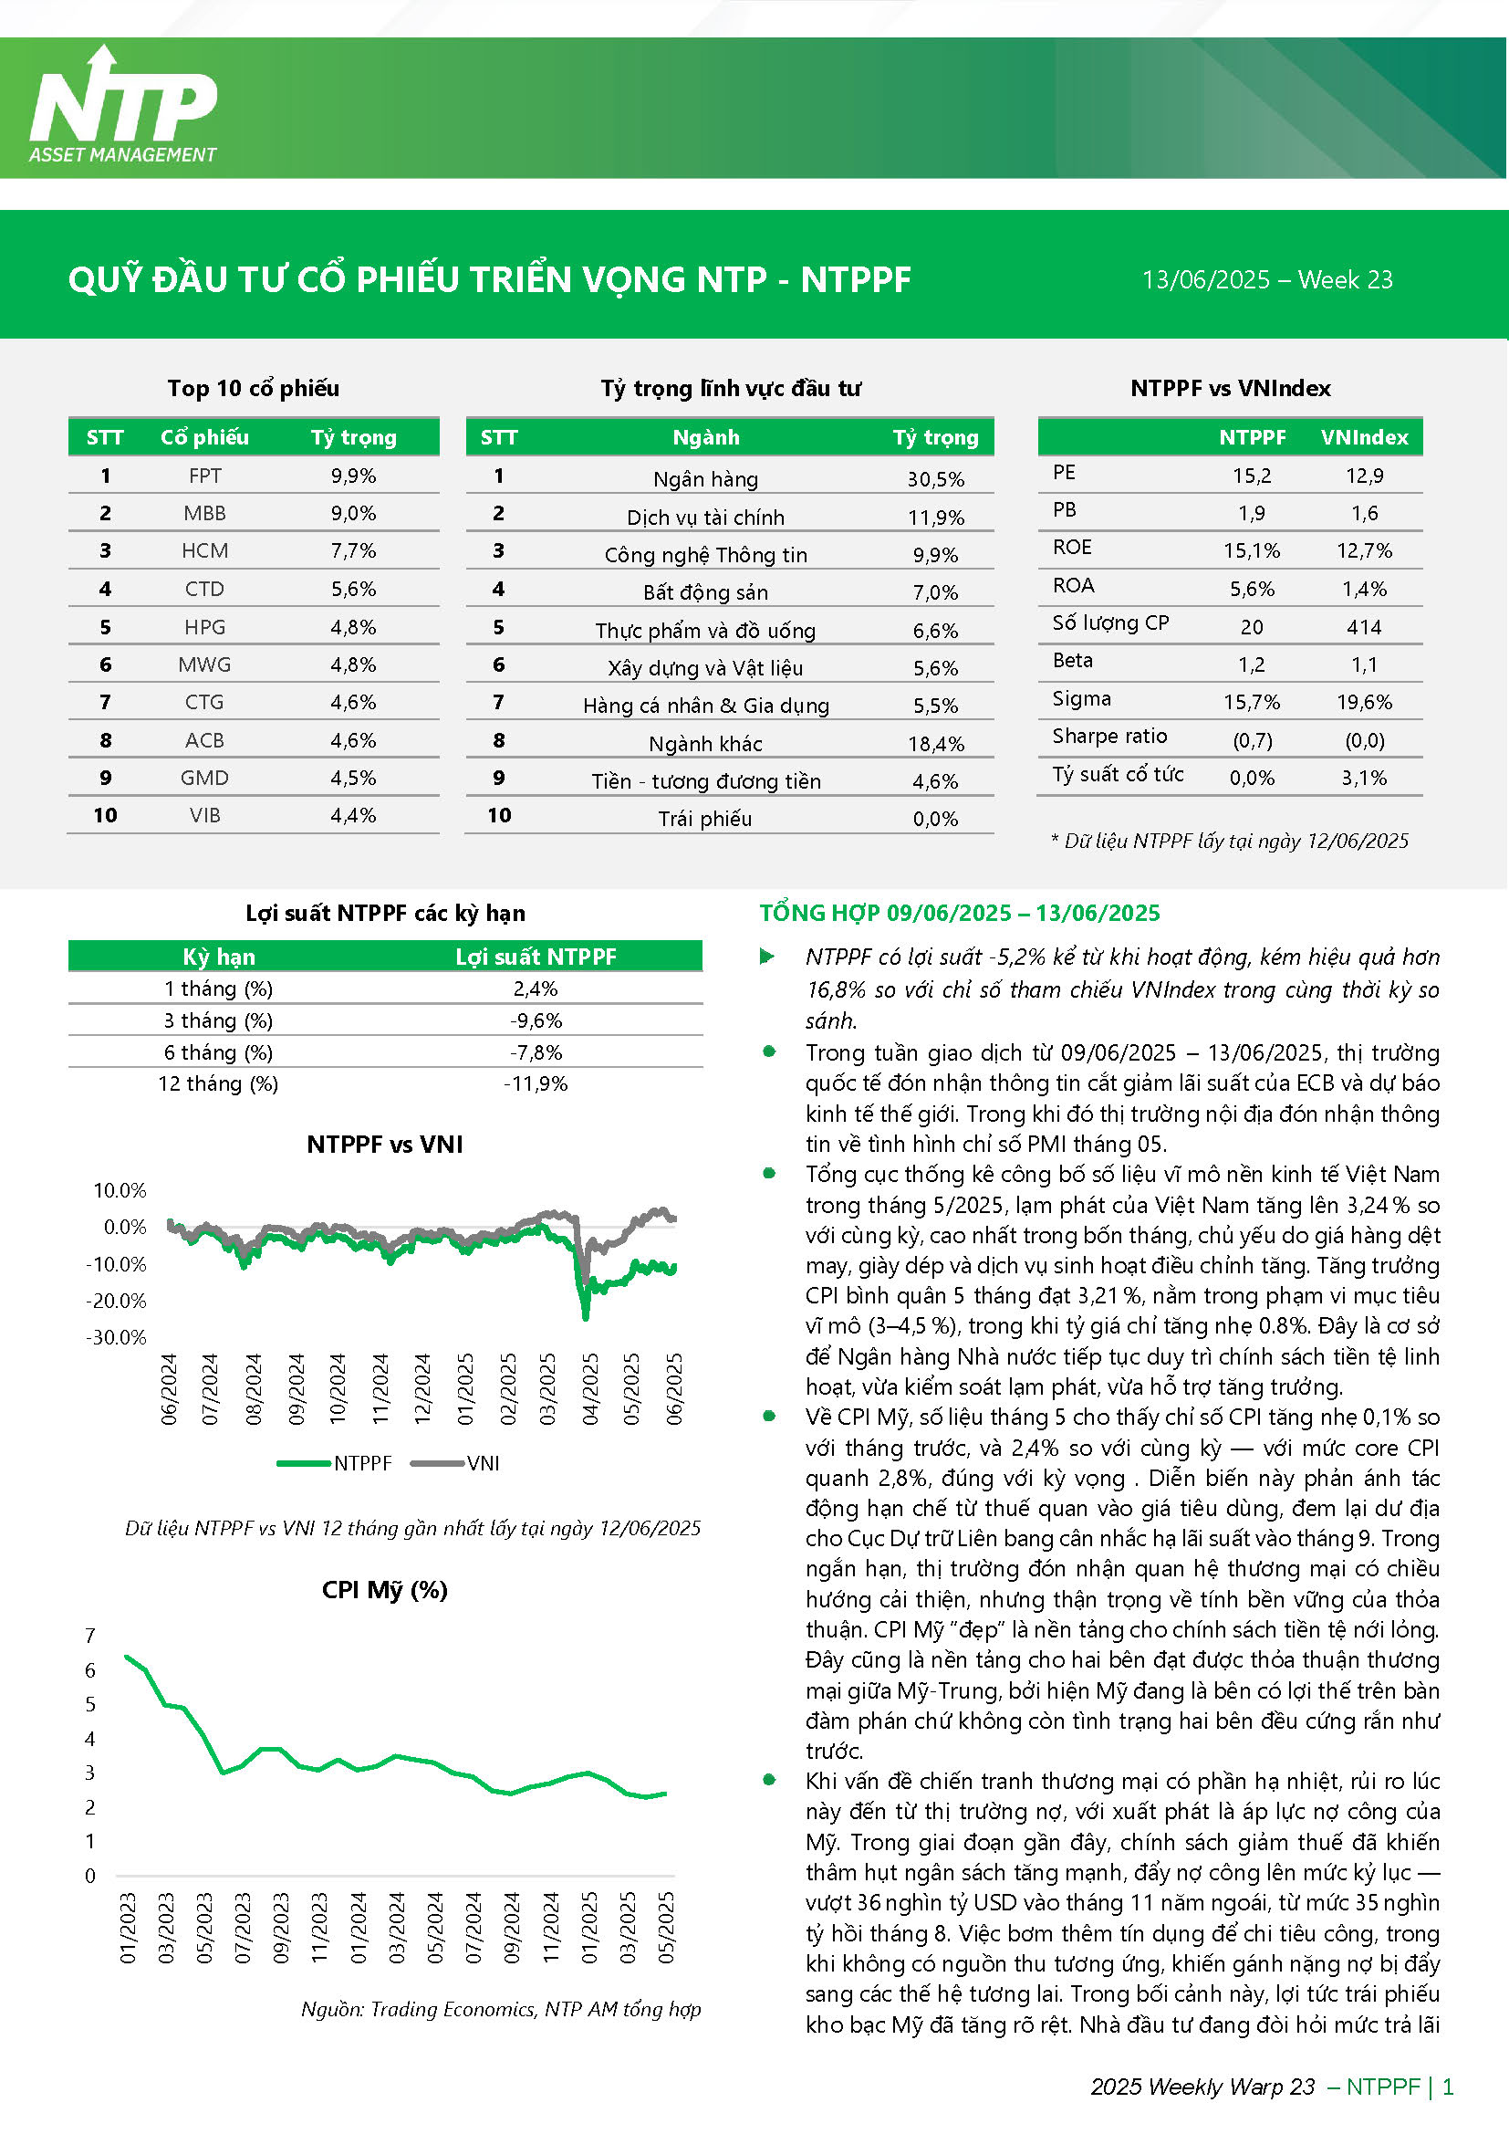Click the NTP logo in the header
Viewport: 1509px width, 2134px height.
point(123,105)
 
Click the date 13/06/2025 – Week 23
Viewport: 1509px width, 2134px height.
point(1266,280)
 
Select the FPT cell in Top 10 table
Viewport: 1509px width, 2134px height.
point(204,476)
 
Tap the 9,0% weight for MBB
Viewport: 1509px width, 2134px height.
point(353,513)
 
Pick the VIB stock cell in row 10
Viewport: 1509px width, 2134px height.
point(204,815)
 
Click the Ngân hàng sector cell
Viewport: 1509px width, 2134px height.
point(705,479)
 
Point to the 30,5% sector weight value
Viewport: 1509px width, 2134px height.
point(936,479)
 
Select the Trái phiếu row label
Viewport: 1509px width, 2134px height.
point(705,819)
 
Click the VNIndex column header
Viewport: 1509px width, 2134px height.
point(1364,437)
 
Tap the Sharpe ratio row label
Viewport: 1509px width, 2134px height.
point(1109,736)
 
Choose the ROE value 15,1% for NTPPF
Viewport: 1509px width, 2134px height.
point(1251,550)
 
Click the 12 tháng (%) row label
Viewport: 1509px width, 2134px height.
point(218,1083)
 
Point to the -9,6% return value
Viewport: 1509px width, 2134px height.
point(536,1020)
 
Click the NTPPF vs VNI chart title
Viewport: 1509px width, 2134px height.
point(385,1145)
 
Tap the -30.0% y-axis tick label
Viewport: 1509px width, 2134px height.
point(116,1337)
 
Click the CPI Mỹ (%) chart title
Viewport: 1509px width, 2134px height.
point(385,1590)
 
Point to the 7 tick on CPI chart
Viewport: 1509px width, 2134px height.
point(90,1636)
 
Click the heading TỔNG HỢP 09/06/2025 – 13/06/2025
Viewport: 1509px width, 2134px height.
point(960,913)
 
